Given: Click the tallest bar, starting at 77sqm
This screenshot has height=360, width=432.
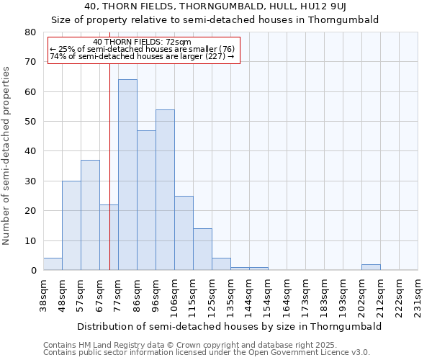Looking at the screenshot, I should click(x=127, y=175).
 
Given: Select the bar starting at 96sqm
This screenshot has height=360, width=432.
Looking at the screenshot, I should click(x=165, y=190).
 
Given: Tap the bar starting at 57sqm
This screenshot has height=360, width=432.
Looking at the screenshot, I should click(x=90, y=215).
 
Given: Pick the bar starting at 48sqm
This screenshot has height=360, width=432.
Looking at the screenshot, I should click(x=71, y=225).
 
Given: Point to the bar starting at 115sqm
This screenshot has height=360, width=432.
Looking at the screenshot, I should click(x=202, y=250).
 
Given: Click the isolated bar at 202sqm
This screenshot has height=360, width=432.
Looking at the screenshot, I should click(x=371, y=267).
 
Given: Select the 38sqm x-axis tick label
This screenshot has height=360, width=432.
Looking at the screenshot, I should click(x=44, y=295).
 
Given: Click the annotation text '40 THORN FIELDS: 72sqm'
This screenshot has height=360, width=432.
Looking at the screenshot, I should click(x=143, y=42).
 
